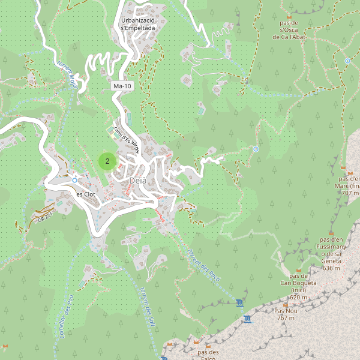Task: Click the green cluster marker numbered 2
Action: [x=107, y=161]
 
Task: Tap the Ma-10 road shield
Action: [x=122, y=86]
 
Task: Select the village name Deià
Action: [x=137, y=181]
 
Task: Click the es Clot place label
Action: [x=86, y=194]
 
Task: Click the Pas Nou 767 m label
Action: [x=286, y=314]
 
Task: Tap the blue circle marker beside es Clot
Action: [x=74, y=180]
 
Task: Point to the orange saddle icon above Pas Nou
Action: [x=286, y=303]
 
